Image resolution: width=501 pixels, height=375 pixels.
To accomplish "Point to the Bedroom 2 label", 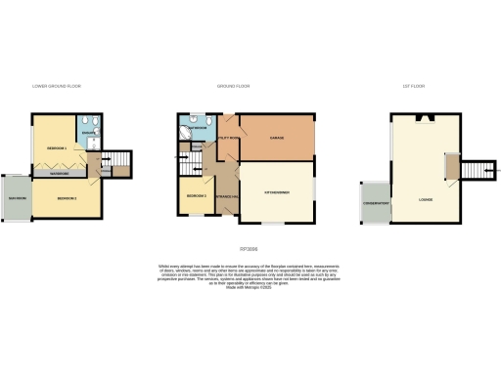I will (67, 198).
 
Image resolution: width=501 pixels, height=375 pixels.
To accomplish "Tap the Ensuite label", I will (88, 134).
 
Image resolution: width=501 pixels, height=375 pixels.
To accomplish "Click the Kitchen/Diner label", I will (277, 193).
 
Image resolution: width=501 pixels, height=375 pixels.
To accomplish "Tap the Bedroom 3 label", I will (193, 196).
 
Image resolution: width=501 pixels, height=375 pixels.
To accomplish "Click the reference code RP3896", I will (251, 249).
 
